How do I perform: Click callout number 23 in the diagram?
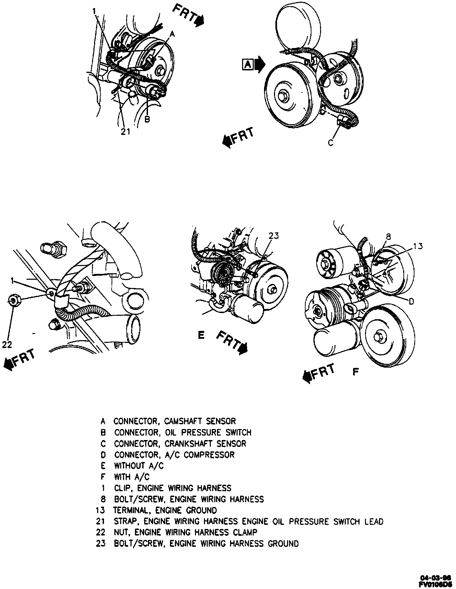[274, 236]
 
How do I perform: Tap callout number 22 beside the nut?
[7, 344]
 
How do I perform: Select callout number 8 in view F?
[388, 236]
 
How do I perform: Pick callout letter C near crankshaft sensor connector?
[331, 143]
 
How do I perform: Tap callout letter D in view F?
[411, 301]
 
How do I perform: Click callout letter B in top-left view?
[147, 120]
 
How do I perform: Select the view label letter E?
[201, 335]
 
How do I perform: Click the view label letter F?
[356, 371]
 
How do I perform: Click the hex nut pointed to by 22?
[13, 301]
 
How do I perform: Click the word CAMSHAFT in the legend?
[185, 421]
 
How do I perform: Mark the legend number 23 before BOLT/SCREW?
[100, 544]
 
